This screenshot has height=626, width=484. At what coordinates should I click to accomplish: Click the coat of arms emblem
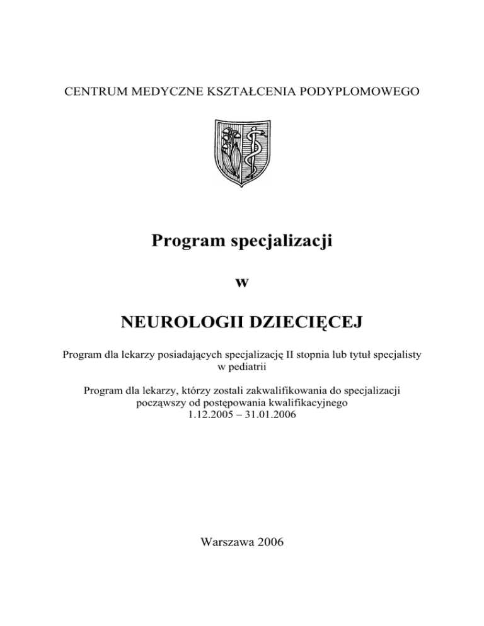point(241,152)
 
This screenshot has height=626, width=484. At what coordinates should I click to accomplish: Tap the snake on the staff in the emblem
point(253,151)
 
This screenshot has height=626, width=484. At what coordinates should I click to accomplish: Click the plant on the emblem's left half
point(229,151)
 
